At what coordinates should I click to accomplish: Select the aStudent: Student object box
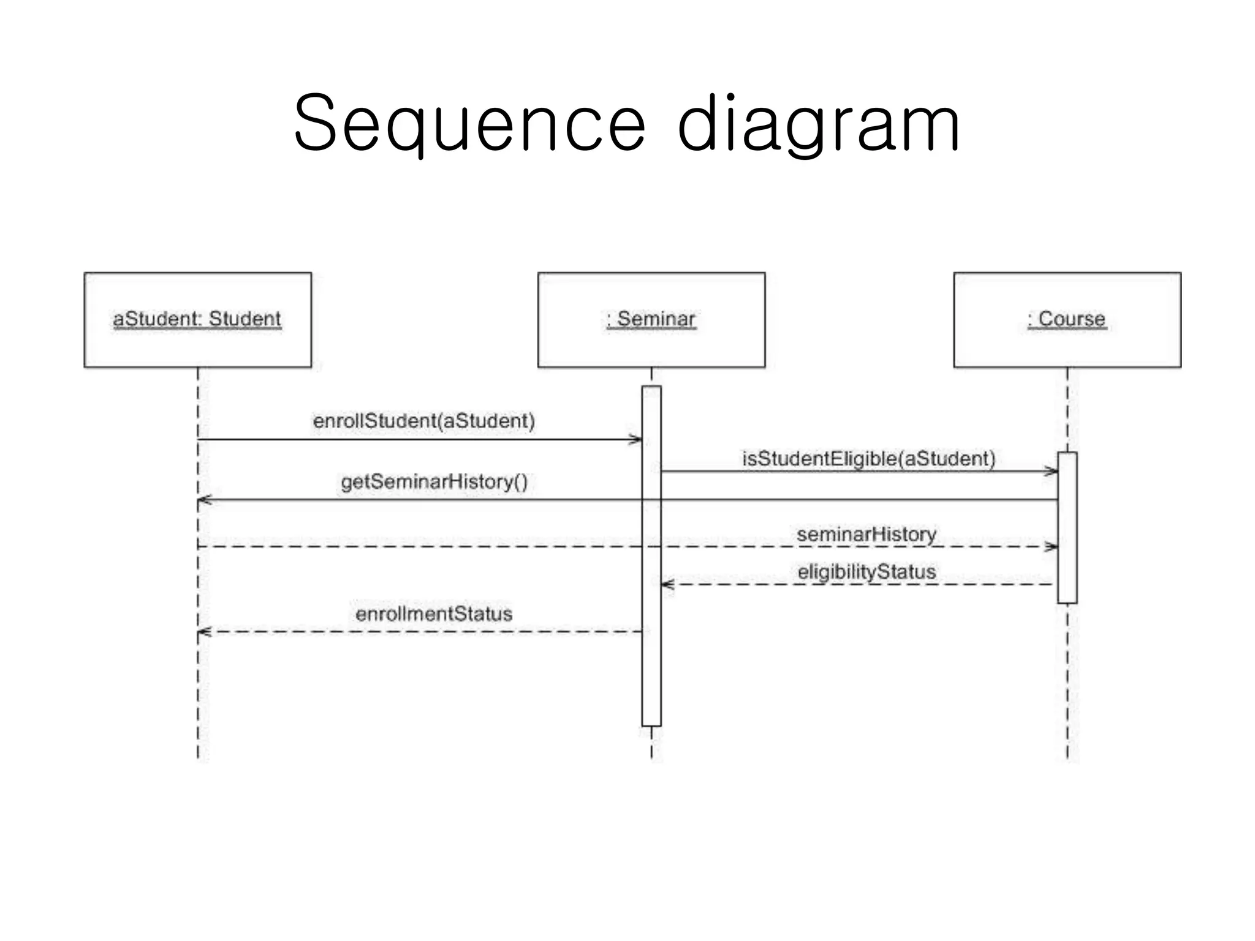[197, 320]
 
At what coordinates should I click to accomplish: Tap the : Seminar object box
[651, 320]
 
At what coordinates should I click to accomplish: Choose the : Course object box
[1067, 320]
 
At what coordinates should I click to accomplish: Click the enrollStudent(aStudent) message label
[423, 421]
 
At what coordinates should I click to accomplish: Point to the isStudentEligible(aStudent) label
[868, 458]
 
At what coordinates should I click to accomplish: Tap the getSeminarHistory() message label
[434, 482]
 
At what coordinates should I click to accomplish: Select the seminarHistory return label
[866, 534]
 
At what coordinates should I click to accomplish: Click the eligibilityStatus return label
[866, 572]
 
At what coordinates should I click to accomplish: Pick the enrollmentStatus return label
[433, 613]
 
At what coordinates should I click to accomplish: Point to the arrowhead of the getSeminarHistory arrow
[204, 501]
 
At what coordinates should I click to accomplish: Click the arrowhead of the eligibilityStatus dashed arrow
[667, 584]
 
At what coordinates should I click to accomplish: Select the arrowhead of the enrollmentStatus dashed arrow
[204, 632]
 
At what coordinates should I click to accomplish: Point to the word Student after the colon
[245, 319]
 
